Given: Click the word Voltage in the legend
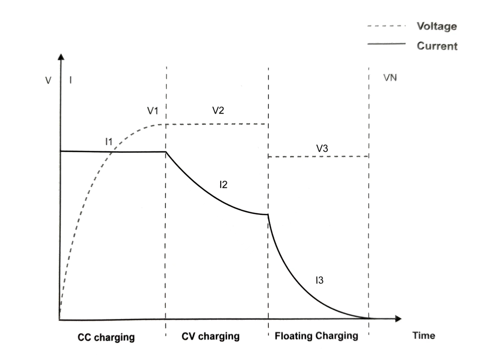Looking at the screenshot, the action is click(x=437, y=26).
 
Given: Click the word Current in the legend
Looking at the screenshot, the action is click(x=437, y=46).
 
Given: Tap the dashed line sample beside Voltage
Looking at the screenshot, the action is click(x=387, y=26).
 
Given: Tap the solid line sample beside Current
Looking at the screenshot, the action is click(x=387, y=44).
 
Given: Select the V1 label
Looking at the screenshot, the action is click(x=153, y=111).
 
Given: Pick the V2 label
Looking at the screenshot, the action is click(x=218, y=110).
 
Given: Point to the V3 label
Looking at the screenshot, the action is click(x=322, y=148).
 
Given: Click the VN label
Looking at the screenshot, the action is click(x=390, y=77).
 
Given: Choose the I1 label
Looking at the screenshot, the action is click(x=109, y=142).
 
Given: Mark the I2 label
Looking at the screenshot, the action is click(x=223, y=185).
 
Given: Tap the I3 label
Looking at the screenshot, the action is click(x=319, y=280).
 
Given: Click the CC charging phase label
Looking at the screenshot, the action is click(x=106, y=337).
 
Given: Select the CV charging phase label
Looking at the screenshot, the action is click(x=211, y=336).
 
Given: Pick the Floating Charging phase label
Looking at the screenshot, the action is click(x=317, y=336).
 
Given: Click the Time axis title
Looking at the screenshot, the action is click(x=424, y=336).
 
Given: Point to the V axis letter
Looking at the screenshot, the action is click(x=48, y=81).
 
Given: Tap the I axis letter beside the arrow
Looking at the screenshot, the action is click(x=71, y=80).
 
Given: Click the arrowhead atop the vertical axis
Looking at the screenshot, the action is click(x=61, y=56).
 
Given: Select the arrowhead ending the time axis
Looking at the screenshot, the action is click(x=398, y=319).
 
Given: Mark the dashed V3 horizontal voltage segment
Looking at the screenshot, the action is click(x=319, y=156).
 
